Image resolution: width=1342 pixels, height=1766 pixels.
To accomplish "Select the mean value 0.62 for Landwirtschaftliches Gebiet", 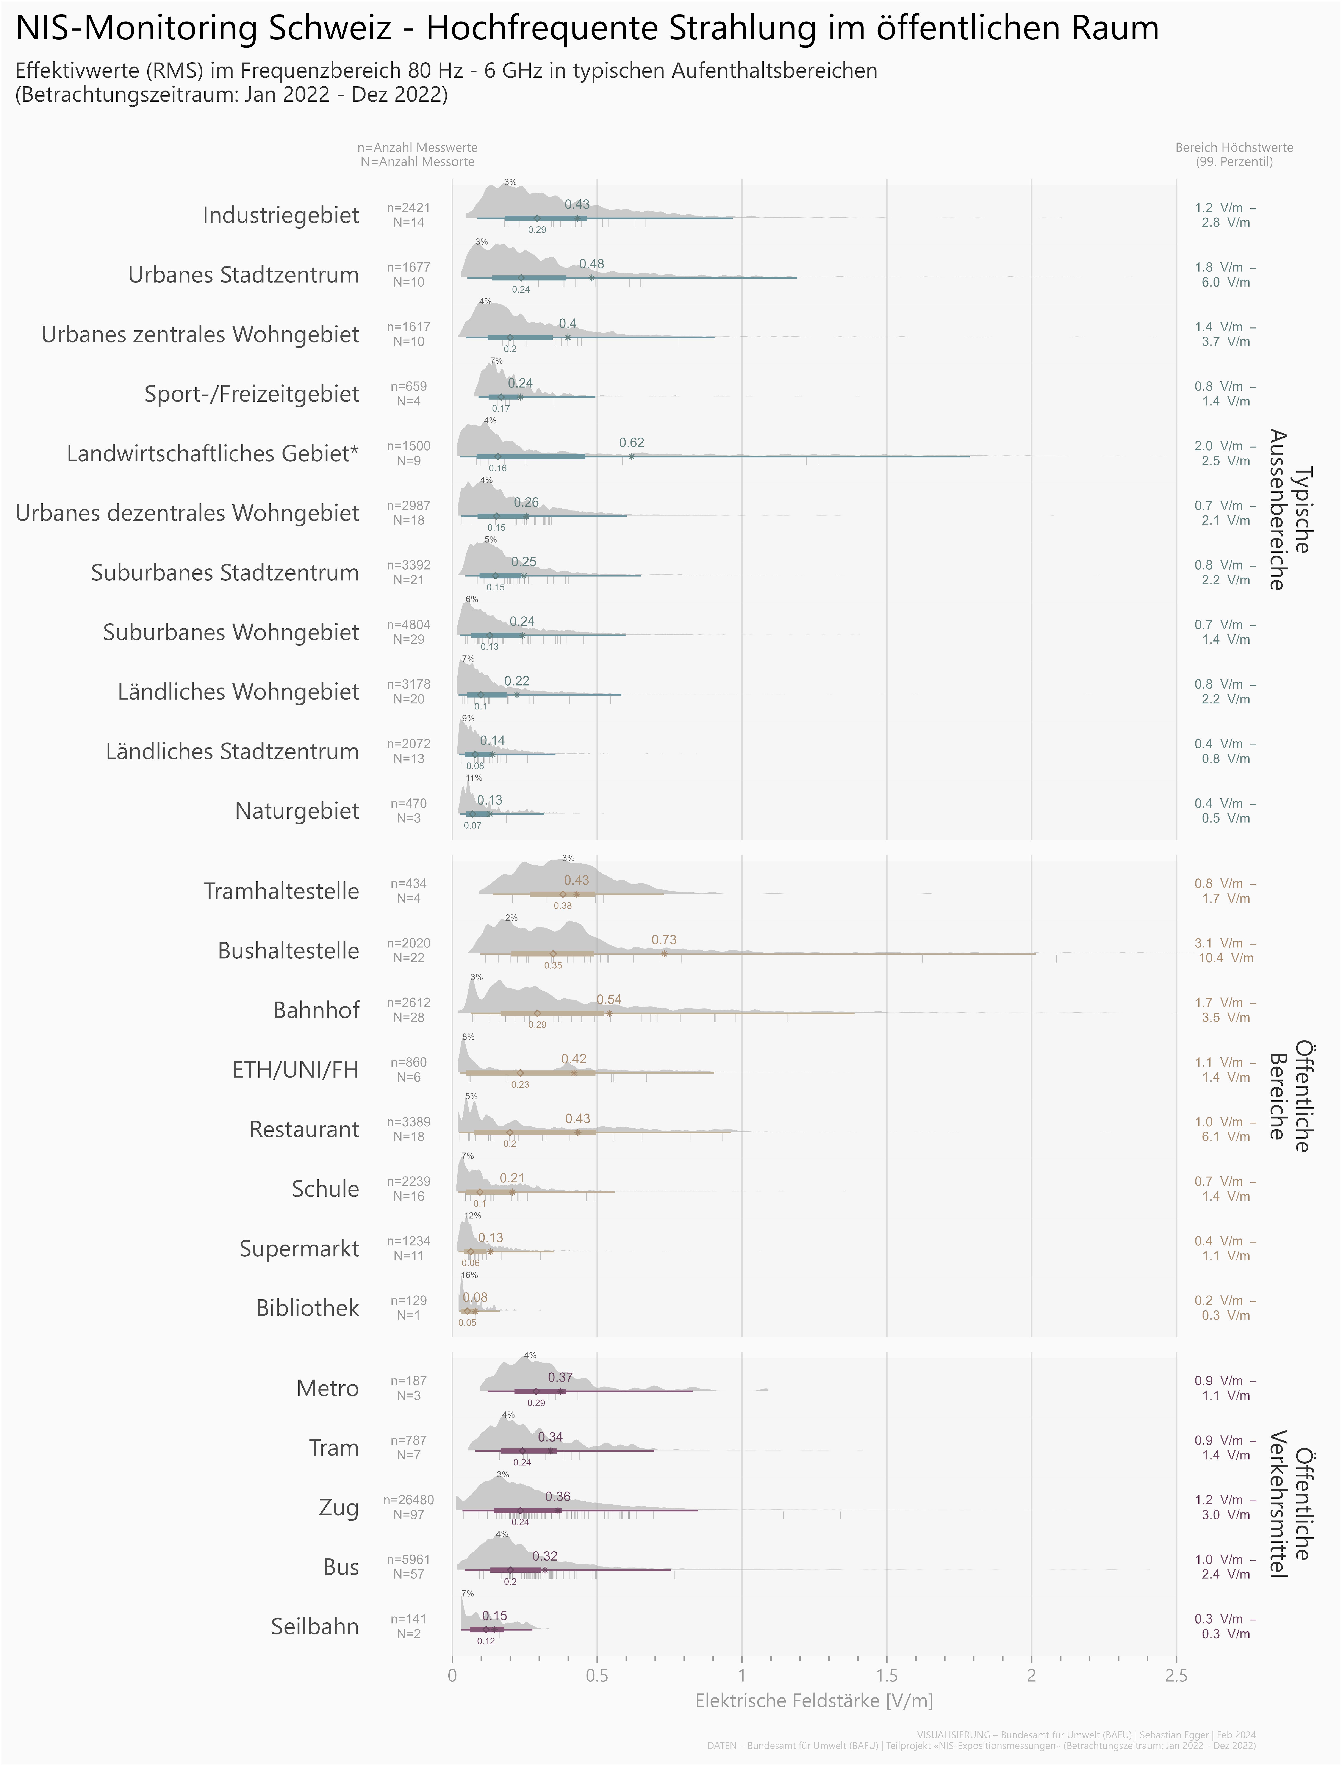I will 631,443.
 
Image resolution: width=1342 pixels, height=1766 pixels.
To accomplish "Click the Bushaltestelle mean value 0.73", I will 664,940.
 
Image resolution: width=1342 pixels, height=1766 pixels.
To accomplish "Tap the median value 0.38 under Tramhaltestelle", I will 562,906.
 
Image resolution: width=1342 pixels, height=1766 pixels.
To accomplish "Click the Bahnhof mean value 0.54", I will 609,1000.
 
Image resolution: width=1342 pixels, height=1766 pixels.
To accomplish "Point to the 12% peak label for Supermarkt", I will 473,1216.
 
